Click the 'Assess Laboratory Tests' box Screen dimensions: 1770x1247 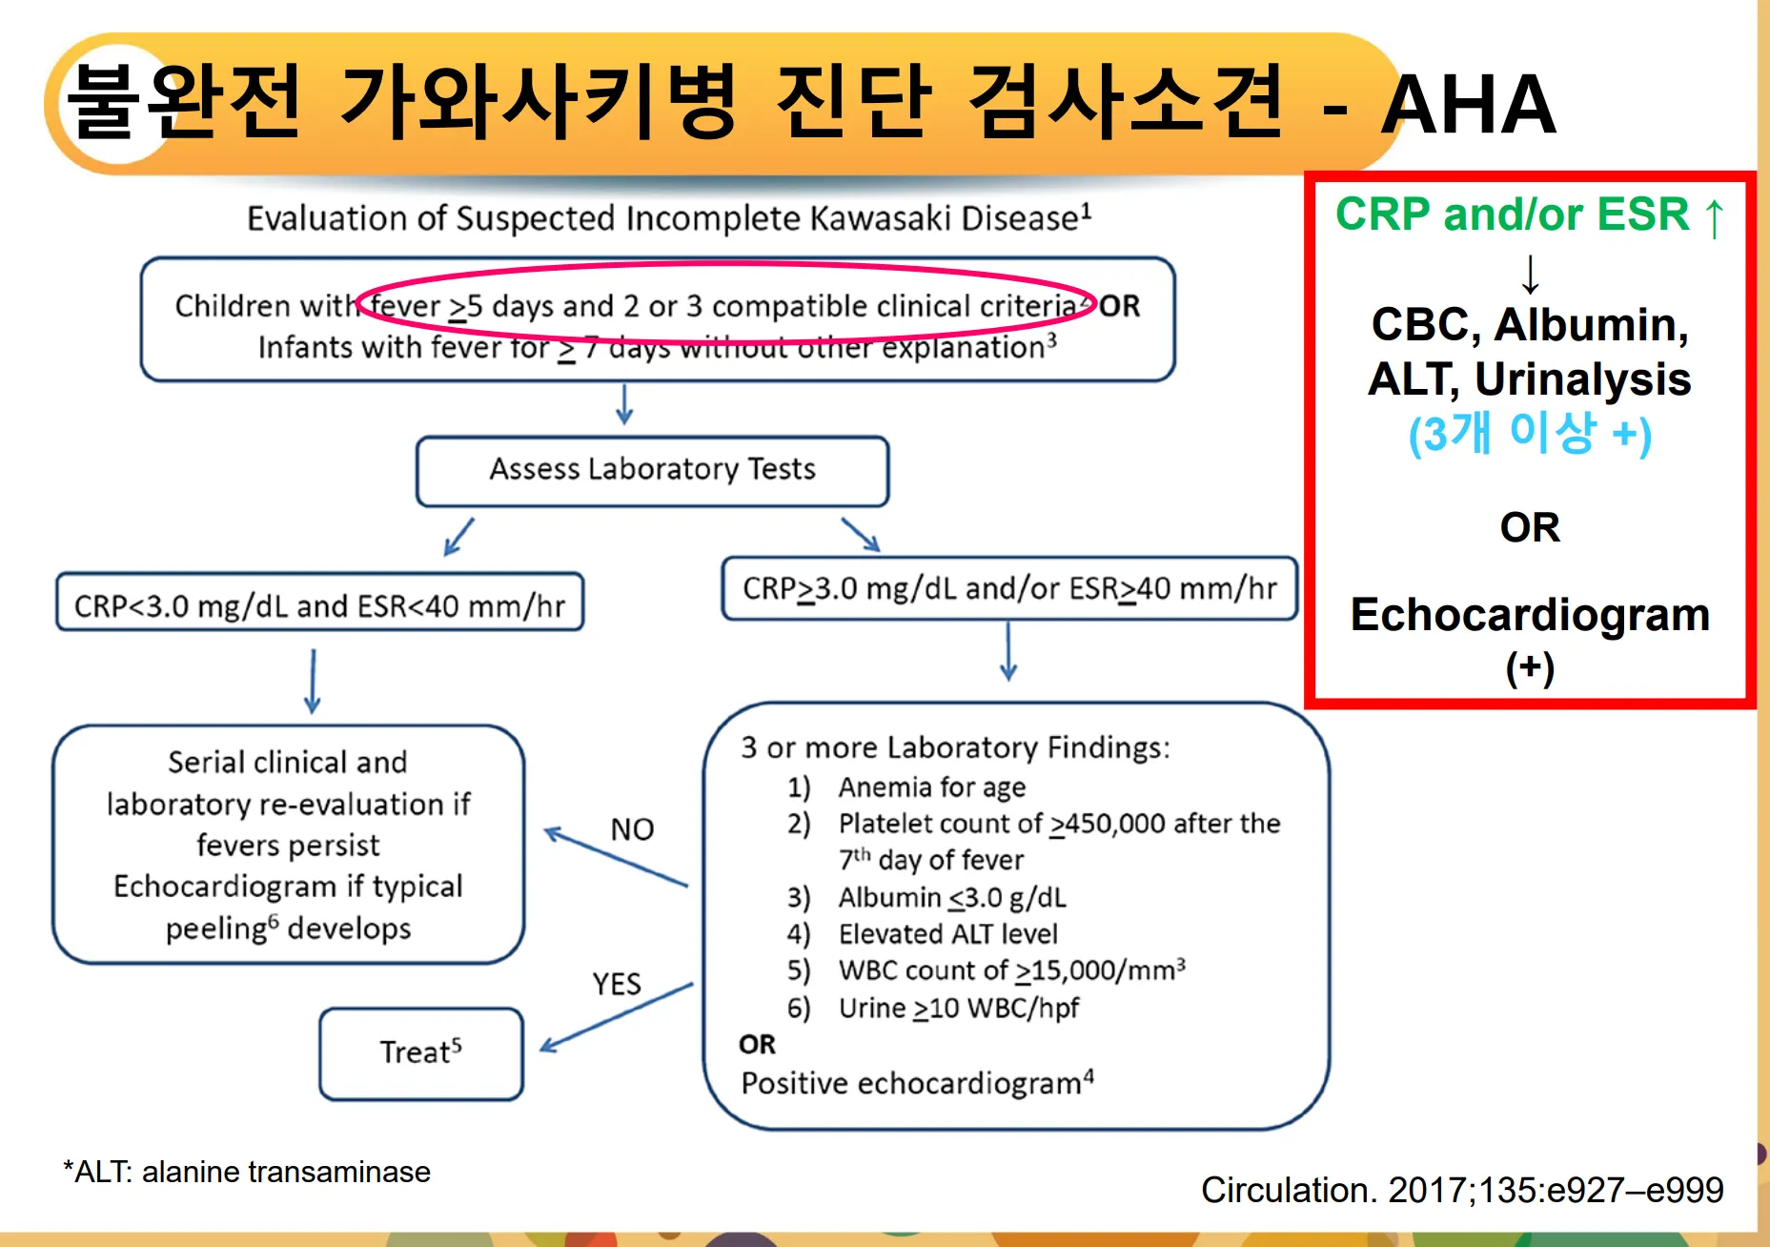click(653, 471)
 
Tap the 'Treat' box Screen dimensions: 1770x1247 click(421, 1053)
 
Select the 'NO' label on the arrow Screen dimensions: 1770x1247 click(632, 829)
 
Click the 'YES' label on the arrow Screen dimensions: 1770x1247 click(617, 984)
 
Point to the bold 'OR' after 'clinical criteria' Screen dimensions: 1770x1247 click(1119, 306)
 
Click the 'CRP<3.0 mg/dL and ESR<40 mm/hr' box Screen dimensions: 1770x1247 click(320, 603)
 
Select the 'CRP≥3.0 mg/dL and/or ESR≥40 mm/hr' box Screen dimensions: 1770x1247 click(1009, 588)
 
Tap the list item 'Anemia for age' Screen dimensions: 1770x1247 click(931, 787)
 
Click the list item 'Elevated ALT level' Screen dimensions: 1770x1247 click(947, 934)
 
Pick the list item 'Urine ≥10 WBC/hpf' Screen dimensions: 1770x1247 click(959, 1009)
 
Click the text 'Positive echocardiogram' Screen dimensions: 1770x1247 click(917, 1084)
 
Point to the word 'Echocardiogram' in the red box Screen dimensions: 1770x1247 click(1530, 616)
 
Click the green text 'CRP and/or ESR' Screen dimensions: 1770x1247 click(1512, 215)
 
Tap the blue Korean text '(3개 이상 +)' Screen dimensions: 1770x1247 click(1530, 434)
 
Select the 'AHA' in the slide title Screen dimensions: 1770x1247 click(1469, 104)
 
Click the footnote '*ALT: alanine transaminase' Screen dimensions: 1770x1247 click(247, 1172)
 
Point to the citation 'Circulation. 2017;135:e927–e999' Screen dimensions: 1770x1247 click(1462, 1190)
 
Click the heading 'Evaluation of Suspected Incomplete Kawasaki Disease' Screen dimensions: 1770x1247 click(669, 218)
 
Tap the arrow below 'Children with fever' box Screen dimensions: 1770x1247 click(624, 404)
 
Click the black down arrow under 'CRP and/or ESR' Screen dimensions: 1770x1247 click(1530, 275)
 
